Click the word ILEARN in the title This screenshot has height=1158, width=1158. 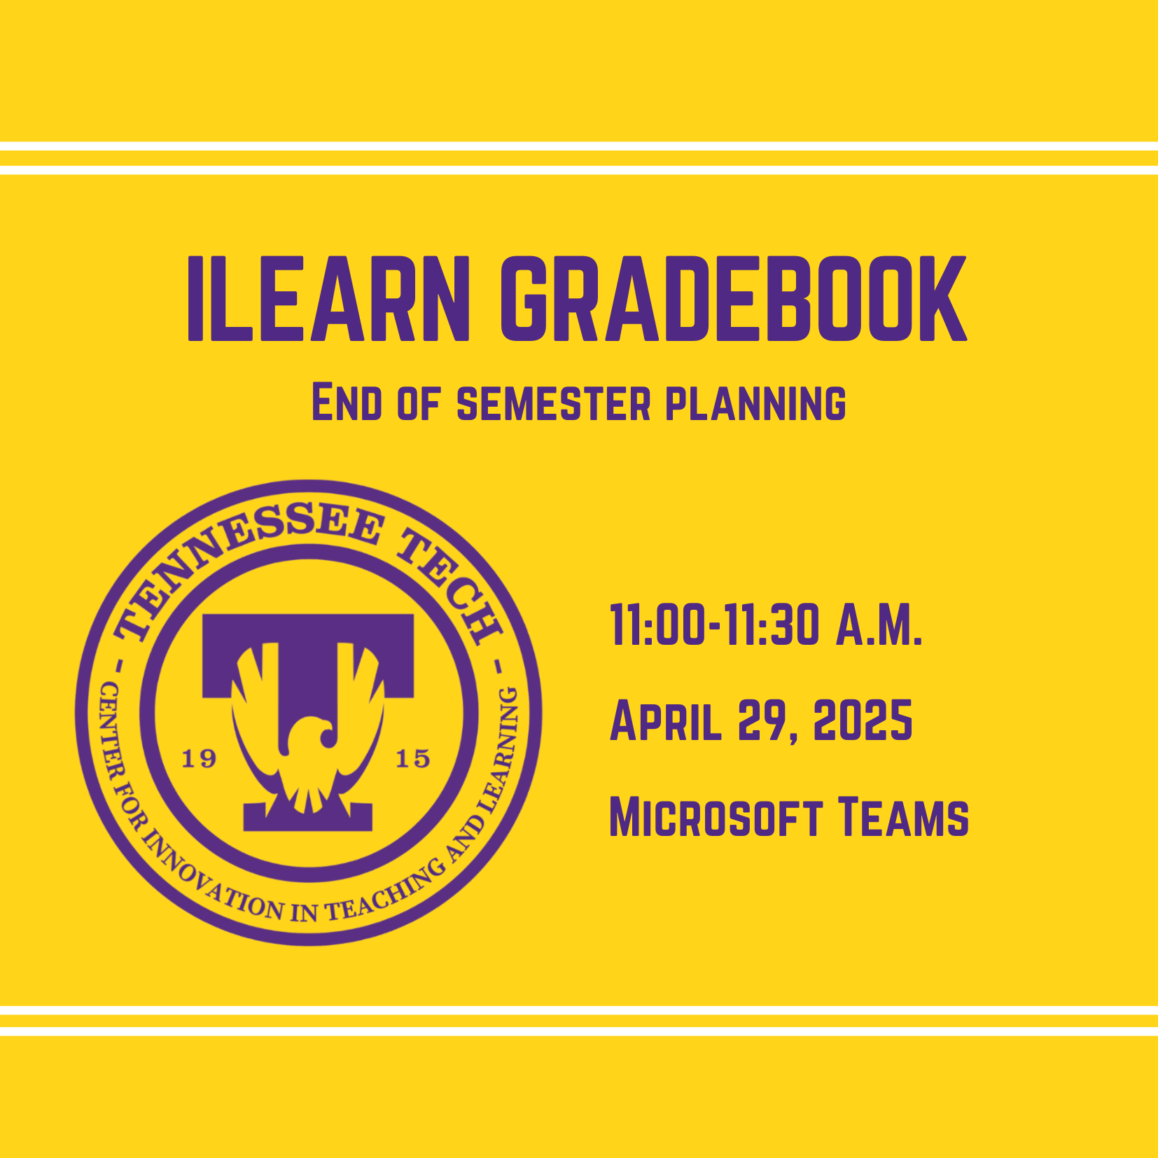click(328, 298)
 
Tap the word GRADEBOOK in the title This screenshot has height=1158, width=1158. click(734, 298)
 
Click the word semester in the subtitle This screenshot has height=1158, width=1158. click(554, 404)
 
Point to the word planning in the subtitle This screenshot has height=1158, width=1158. click(755, 404)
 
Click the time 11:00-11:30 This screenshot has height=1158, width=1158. click(714, 625)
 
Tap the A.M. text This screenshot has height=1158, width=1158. click(879, 625)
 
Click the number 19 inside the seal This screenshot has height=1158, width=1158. click(199, 758)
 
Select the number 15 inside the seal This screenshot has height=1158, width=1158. click(413, 758)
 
